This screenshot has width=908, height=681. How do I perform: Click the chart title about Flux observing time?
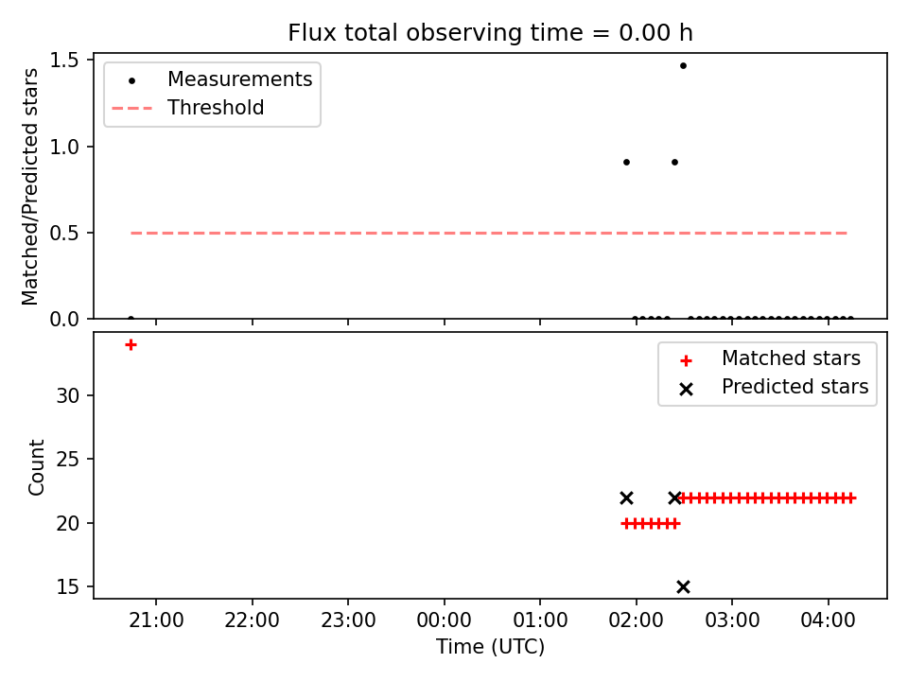tap(490, 33)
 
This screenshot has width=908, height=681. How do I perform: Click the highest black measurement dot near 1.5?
tap(683, 66)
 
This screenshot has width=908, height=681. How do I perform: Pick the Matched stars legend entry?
tap(769, 359)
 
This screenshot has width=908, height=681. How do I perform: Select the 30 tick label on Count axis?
tap(68, 396)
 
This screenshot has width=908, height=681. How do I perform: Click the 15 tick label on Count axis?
tap(68, 587)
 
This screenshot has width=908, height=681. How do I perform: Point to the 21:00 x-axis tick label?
tap(156, 620)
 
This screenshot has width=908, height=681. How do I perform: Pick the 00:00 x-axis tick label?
tap(445, 620)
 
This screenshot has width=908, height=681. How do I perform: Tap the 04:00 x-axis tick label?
tap(829, 620)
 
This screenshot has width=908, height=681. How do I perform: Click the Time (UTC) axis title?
tap(490, 647)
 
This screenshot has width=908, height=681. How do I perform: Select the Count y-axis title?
tap(36, 467)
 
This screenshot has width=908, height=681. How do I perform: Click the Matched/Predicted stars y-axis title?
tap(29, 186)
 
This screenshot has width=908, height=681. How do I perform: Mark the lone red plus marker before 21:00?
tap(131, 345)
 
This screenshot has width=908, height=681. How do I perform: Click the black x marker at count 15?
tap(683, 587)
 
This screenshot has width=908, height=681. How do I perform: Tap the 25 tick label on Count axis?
tap(68, 460)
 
